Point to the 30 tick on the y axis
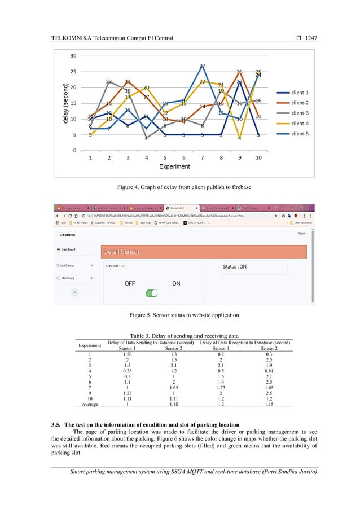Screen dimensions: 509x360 coord(73,56)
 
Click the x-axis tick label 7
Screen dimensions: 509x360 coord(202,158)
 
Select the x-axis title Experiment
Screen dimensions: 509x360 coord(174,167)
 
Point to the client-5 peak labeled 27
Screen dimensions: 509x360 coord(202,67)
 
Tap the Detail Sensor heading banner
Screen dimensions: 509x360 coord(202,252)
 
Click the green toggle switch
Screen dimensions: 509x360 coord(151,293)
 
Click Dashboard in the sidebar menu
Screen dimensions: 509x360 coord(67,249)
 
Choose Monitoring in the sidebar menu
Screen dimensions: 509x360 coord(68,278)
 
